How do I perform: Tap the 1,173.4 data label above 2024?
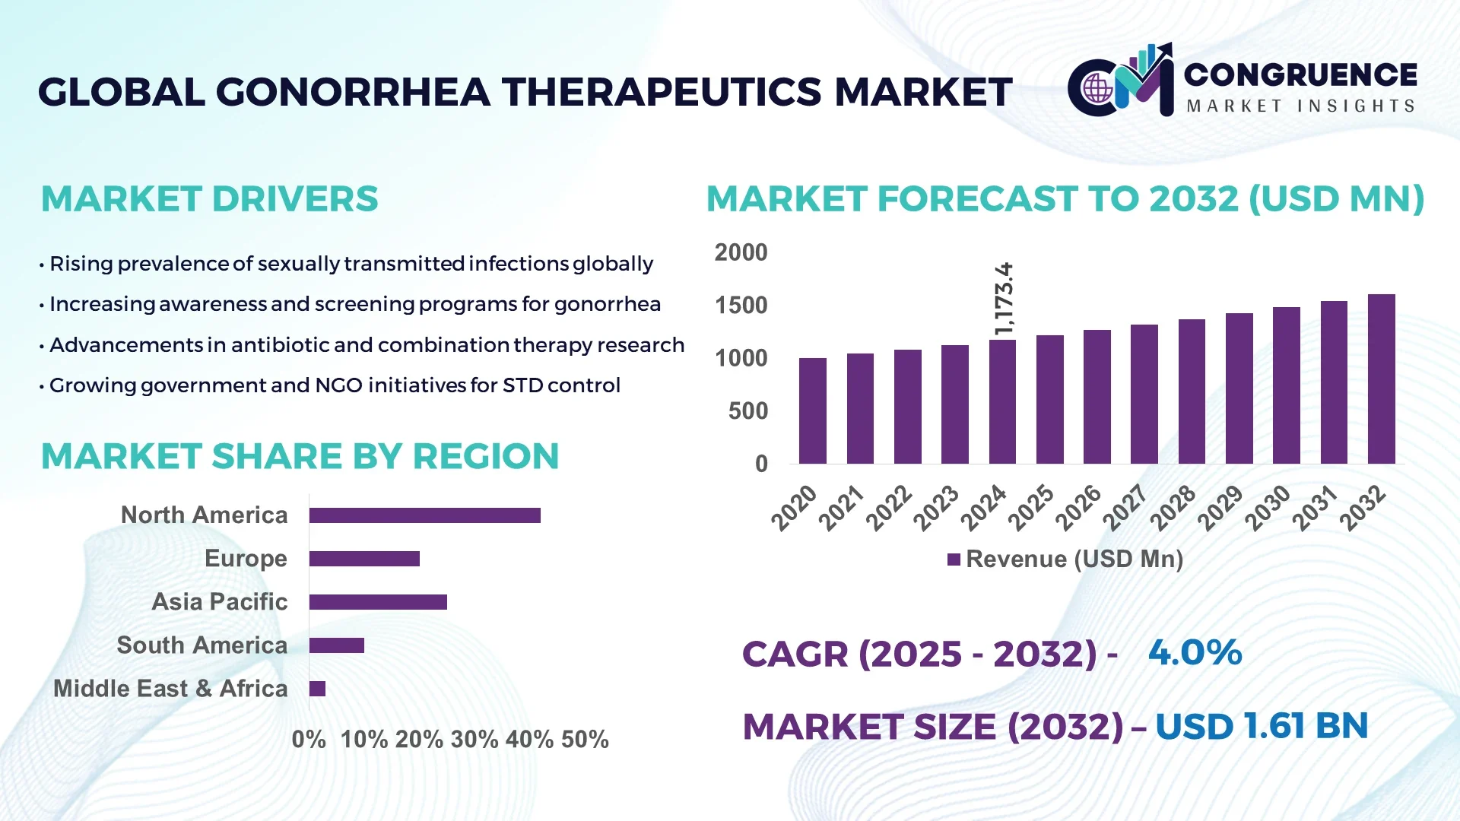pyautogui.click(x=1004, y=299)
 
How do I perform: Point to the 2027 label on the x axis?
pyautogui.click(x=1125, y=507)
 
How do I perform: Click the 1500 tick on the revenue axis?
pyautogui.click(x=741, y=306)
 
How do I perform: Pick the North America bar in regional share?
pyautogui.click(x=424, y=515)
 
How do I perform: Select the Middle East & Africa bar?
pyautogui.click(x=317, y=689)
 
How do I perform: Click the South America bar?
pyautogui.click(x=336, y=645)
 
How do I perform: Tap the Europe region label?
pyautogui.click(x=246, y=559)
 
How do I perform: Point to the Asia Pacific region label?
pyautogui.click(x=220, y=602)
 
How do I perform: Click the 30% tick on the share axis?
pyautogui.click(x=474, y=740)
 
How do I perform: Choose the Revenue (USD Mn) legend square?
pyautogui.click(x=954, y=559)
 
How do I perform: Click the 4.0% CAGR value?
pyautogui.click(x=1195, y=653)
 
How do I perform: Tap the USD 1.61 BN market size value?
pyautogui.click(x=1262, y=726)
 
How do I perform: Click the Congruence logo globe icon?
pyautogui.click(x=1097, y=89)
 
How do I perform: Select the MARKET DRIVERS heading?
pyautogui.click(x=209, y=199)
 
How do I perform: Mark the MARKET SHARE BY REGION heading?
pyautogui.click(x=300, y=457)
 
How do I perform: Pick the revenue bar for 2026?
pyautogui.click(x=1097, y=397)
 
